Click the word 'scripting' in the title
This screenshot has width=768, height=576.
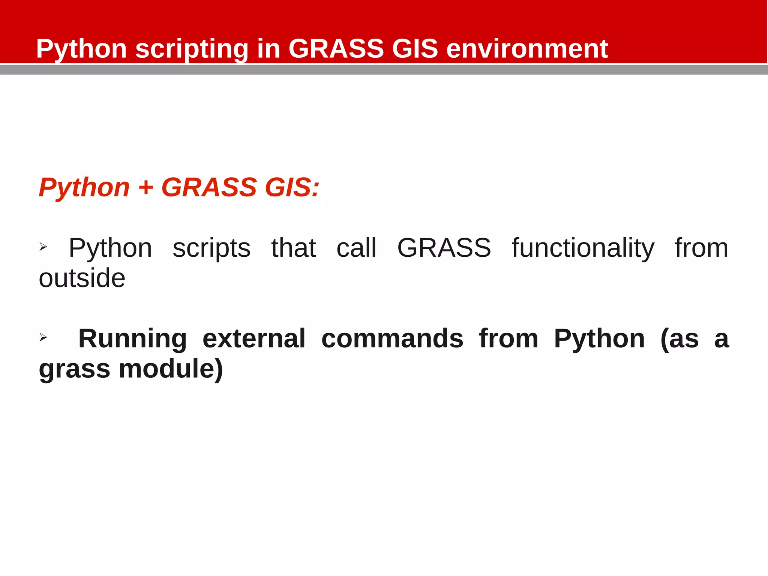point(192,49)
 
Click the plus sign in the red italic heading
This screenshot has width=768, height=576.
point(146,187)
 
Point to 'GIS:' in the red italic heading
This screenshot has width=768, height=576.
point(292,187)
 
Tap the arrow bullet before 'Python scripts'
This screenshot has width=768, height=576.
point(43,247)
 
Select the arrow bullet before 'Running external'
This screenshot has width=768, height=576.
point(43,337)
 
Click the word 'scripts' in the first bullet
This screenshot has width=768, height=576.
point(211,249)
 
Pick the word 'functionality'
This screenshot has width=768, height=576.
point(583,249)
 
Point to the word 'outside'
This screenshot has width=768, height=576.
point(82,278)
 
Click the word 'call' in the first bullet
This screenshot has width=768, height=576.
point(356,248)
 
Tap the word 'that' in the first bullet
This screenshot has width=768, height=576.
point(294,248)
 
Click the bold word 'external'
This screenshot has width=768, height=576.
point(254,339)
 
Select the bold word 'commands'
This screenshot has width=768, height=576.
point(392,339)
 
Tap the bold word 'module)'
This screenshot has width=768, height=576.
point(171,369)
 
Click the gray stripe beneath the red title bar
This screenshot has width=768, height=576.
point(384,70)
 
